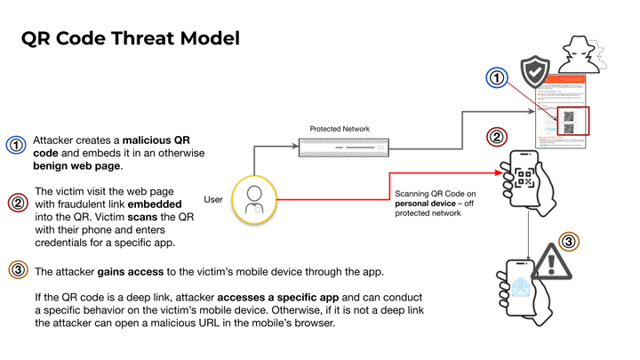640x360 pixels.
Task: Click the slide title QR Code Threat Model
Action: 131,38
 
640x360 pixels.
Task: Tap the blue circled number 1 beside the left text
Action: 16,146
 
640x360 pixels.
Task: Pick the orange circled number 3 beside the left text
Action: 17,269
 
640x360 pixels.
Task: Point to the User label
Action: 213,200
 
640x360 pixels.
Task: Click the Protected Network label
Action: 340,130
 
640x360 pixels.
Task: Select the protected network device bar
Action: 343,147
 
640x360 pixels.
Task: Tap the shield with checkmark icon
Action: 534,70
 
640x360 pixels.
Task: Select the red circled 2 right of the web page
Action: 497,138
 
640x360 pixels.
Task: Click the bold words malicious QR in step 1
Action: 156,140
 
